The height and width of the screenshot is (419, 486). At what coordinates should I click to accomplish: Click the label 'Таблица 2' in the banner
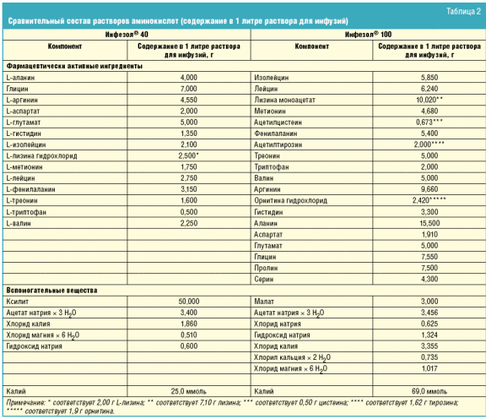click(463, 12)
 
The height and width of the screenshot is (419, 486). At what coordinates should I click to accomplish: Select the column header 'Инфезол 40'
click(127, 34)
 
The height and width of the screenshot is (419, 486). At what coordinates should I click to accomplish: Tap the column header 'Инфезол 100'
click(368, 34)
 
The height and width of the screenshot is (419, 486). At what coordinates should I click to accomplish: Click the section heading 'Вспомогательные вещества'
click(51, 291)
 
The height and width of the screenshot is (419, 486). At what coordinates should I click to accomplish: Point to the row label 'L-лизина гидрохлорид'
click(41, 155)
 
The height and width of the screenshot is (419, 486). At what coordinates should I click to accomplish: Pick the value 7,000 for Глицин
click(189, 89)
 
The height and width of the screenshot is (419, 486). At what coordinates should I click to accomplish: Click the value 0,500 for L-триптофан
click(189, 212)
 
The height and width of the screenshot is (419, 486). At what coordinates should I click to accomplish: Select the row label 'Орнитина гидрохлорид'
click(290, 200)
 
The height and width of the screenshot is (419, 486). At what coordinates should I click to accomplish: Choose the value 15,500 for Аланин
click(429, 223)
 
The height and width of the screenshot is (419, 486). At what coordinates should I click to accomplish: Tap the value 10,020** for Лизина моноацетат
click(429, 100)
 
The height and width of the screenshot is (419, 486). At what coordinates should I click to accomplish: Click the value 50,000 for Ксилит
click(189, 302)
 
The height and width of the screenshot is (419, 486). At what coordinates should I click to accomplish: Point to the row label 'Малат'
click(264, 302)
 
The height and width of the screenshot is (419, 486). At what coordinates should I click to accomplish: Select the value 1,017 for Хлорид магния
click(429, 368)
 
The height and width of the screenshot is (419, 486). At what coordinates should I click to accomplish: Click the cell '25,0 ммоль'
click(188, 391)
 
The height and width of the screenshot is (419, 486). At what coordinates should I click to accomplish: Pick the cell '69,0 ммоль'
click(429, 391)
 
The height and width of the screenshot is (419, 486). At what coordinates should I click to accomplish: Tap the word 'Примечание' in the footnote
click(25, 403)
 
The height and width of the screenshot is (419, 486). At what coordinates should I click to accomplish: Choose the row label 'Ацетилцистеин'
click(278, 122)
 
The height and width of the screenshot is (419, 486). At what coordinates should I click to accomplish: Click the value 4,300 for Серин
click(429, 279)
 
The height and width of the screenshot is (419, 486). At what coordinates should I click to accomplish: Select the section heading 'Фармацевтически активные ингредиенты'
click(74, 66)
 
